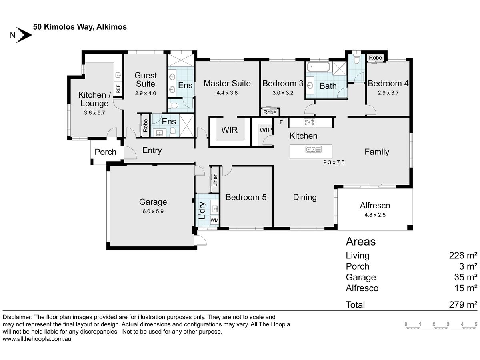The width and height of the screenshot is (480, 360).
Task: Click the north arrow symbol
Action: tap(24, 35)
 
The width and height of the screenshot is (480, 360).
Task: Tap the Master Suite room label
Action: tap(227, 83)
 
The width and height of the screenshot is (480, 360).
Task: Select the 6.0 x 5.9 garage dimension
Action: tap(153, 211)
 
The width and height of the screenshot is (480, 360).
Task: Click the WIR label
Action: tap(229, 130)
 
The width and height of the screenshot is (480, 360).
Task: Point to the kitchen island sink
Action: tap(314, 150)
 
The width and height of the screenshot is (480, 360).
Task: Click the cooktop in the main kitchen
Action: tap(310, 122)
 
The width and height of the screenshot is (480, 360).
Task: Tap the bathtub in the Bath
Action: tap(318, 67)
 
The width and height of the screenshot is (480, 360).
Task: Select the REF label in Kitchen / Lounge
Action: tap(118, 89)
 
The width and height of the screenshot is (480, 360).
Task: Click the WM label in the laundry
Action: tap(214, 220)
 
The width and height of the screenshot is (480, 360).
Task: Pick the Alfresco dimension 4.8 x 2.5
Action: tap(375, 215)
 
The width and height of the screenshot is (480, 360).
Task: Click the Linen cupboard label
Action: tap(215, 180)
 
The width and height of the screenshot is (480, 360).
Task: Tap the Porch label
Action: tap(106, 152)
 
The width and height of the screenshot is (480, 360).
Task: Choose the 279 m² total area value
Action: tap(463, 304)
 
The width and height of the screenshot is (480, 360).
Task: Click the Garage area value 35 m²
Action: tap(466, 277)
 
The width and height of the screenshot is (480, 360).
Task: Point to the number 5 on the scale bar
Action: tap(476, 324)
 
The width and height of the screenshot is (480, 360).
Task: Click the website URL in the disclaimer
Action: tap(37, 339)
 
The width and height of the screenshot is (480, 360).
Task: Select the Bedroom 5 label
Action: tap(246, 197)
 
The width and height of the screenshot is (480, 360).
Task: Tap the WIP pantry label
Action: tap(266, 130)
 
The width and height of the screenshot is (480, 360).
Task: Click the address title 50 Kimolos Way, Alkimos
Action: tap(80, 27)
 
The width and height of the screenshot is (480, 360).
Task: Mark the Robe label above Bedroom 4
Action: tap(375, 58)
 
